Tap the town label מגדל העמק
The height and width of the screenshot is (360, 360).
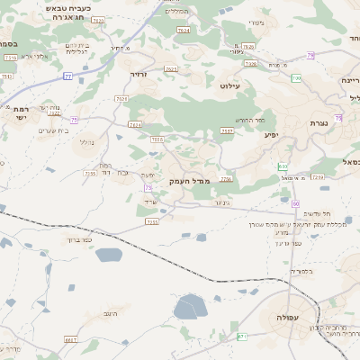[x=188, y=182]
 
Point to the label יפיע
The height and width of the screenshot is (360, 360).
[x=270, y=135]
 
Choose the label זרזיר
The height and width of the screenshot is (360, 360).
[x=139, y=75]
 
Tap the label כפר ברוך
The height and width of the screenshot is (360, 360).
[x=80, y=240]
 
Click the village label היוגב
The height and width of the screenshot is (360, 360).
[x=112, y=312]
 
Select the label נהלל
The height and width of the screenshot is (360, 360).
[x=86, y=142]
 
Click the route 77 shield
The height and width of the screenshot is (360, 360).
[x=67, y=76]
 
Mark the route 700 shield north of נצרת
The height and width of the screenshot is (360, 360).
[x=296, y=78]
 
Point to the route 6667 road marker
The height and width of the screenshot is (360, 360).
[x=71, y=340]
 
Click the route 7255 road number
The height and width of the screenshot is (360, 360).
[x=152, y=221]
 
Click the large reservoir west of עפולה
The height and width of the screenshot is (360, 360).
[x=190, y=309]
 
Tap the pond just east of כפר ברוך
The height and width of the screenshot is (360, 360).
[x=107, y=256]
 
